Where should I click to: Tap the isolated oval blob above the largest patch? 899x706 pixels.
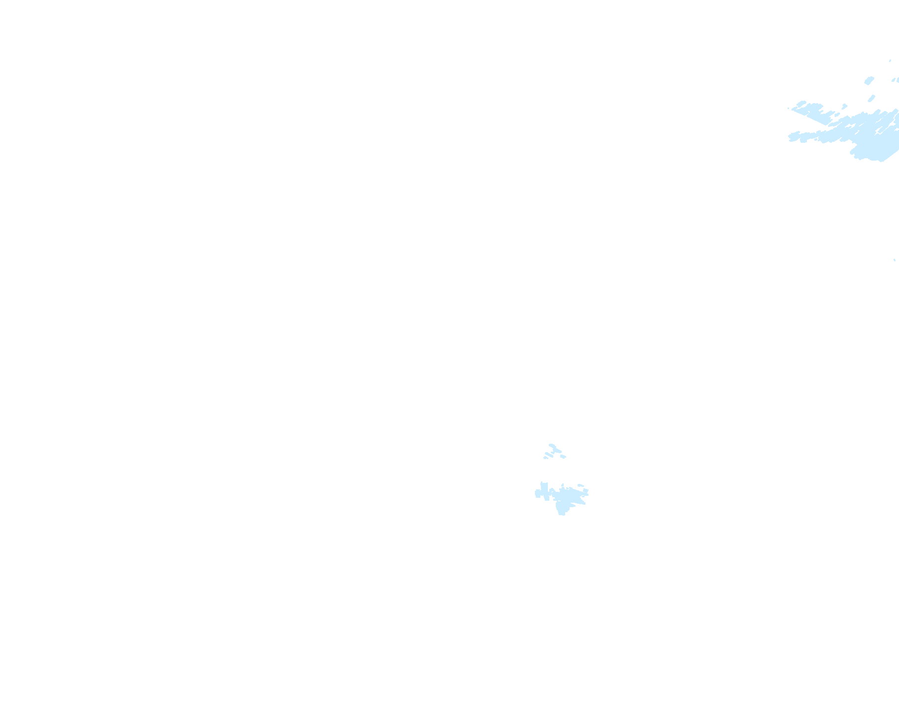[x=869, y=80]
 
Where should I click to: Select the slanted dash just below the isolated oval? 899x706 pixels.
[x=872, y=98]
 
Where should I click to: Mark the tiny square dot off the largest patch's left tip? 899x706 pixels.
[x=789, y=108]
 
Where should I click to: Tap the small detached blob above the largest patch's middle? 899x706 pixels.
[x=845, y=106]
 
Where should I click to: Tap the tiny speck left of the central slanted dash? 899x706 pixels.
[x=545, y=458]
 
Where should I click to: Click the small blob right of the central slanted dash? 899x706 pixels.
[x=563, y=456]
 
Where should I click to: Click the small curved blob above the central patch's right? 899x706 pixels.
[x=581, y=485]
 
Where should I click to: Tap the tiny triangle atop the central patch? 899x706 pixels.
[x=562, y=485]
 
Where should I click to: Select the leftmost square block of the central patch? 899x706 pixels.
[x=537, y=493]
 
